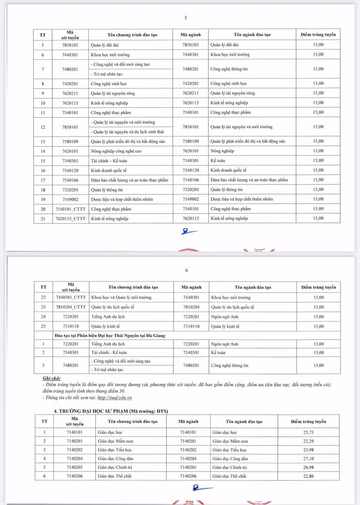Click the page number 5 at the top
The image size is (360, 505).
[186, 18]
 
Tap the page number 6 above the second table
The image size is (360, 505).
[186, 270]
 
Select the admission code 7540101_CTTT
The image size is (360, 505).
[71, 209]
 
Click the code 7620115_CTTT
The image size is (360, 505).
[71, 218]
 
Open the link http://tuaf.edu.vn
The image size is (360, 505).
[115, 397]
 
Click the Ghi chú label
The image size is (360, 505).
[52, 378]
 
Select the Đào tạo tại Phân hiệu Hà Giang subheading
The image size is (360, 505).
[110, 335]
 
